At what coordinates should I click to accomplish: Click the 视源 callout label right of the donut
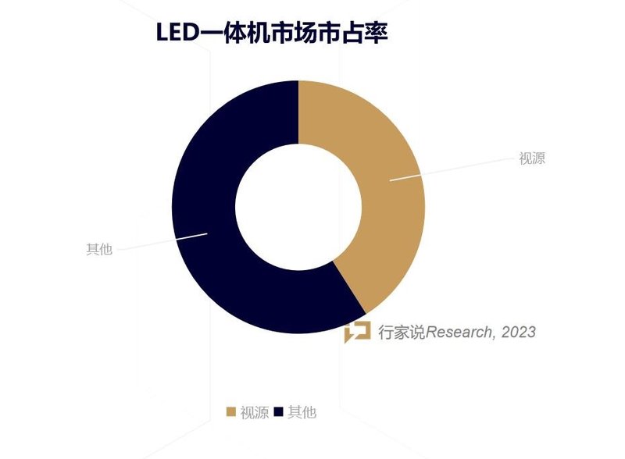(531, 158)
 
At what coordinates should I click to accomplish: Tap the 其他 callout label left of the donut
(99, 250)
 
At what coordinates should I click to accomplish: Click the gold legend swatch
(230, 412)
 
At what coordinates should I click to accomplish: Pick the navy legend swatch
(278, 412)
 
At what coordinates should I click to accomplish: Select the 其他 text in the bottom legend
(302, 412)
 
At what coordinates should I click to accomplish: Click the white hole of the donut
(298, 207)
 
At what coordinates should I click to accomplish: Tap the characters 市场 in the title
(298, 34)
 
